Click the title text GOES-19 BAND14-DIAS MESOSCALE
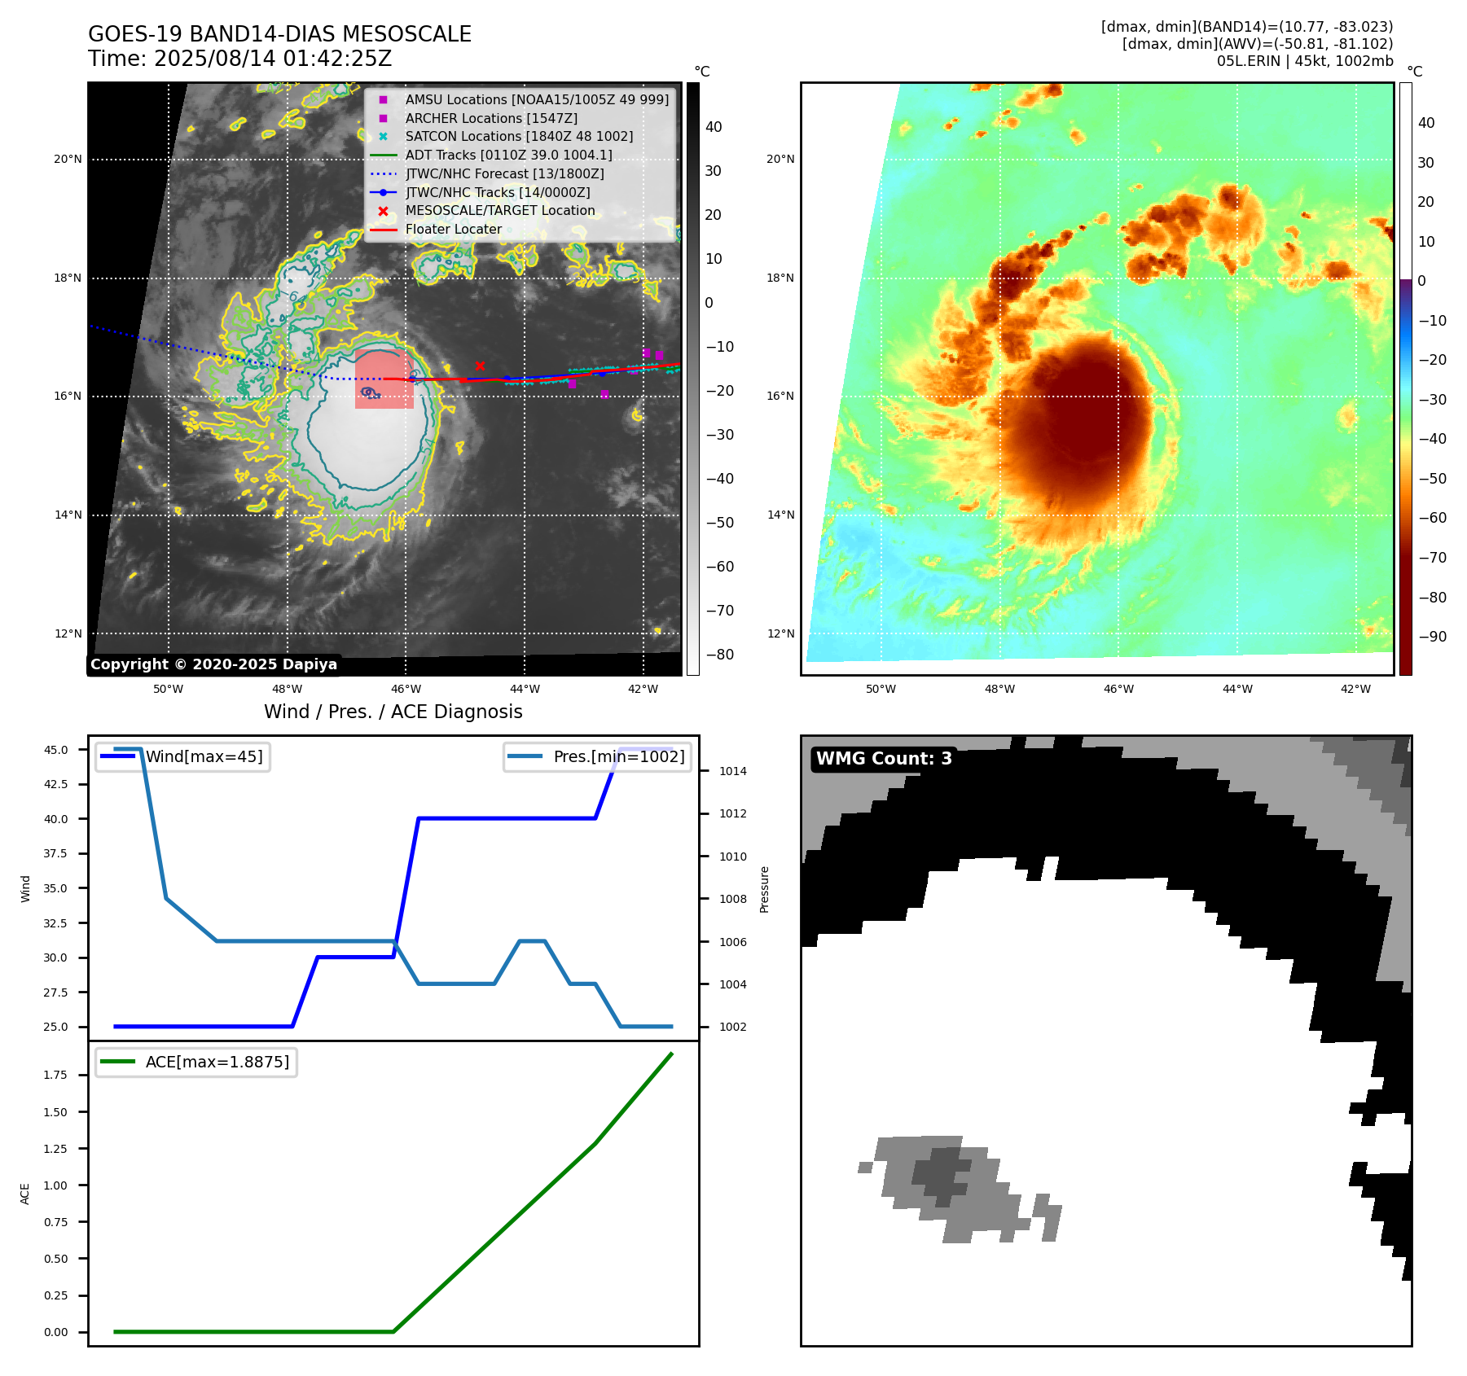279,34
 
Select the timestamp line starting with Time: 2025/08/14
239,59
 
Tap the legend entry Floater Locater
453,230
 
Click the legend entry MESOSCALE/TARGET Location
499,211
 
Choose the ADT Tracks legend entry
508,155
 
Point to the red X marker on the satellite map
480,366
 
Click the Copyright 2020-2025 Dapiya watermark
213,664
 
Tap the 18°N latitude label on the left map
68,278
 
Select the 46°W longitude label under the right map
1118,689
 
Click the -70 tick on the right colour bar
1432,558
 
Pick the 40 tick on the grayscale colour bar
714,127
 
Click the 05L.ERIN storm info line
1304,61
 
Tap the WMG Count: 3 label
884,759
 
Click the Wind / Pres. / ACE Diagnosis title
393,712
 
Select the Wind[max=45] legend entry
204,756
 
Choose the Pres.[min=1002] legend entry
618,756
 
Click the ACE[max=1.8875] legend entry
217,1062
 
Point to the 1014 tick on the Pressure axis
732,771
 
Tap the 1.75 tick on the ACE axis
55,1075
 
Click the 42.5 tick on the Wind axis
55,784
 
